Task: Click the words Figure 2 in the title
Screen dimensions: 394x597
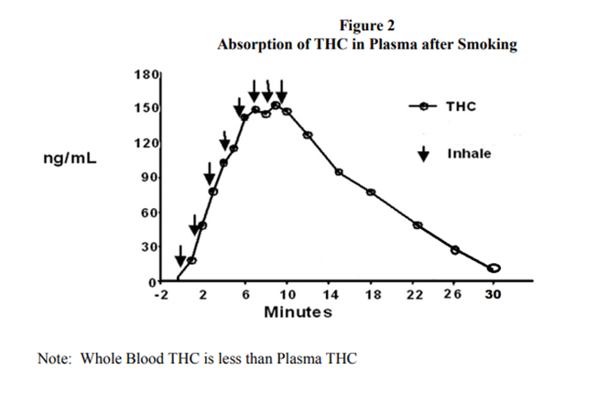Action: (x=366, y=26)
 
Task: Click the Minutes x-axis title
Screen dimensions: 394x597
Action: (x=298, y=312)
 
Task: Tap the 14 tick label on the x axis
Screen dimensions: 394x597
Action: (x=331, y=294)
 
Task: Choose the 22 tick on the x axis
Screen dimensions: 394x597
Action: (x=417, y=294)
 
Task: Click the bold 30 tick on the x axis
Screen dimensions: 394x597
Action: (x=494, y=294)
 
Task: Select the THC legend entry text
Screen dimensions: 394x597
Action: (x=461, y=106)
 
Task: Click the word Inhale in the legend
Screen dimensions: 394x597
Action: (x=469, y=153)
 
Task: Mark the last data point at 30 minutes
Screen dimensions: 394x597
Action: (x=494, y=268)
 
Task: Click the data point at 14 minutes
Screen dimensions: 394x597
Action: (x=338, y=172)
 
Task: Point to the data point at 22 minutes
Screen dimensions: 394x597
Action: (x=418, y=225)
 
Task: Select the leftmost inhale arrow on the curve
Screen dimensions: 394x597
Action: (x=179, y=254)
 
